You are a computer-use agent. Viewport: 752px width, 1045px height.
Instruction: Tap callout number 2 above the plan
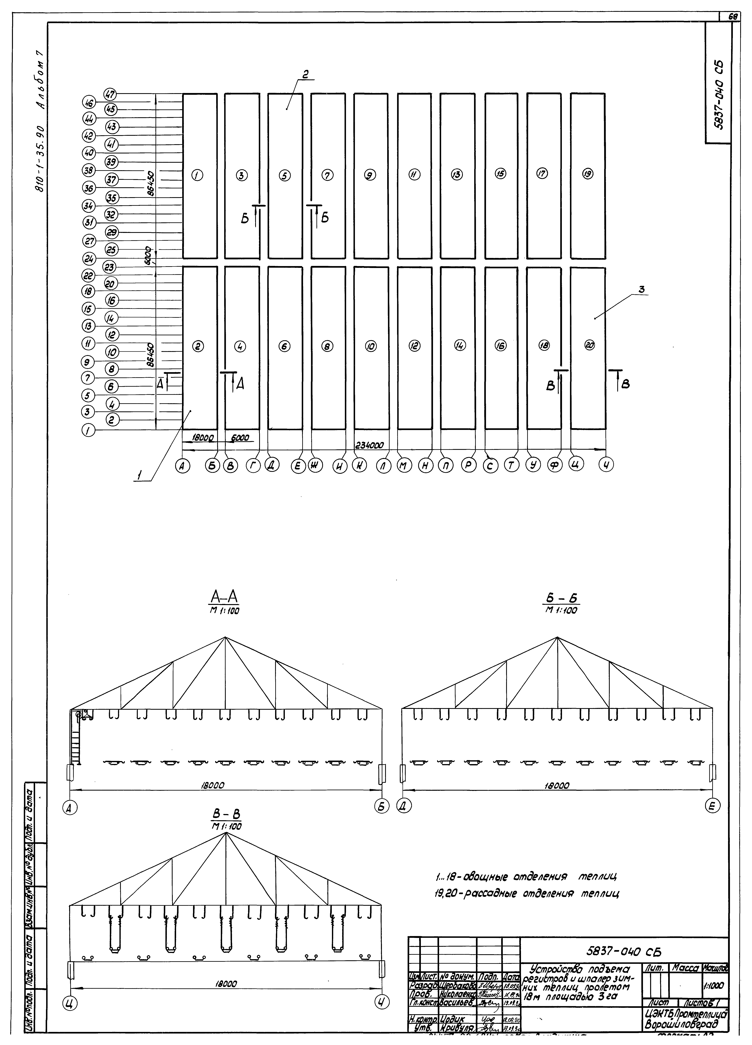pos(305,74)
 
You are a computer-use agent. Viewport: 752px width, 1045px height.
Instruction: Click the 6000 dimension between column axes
pos(240,438)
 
